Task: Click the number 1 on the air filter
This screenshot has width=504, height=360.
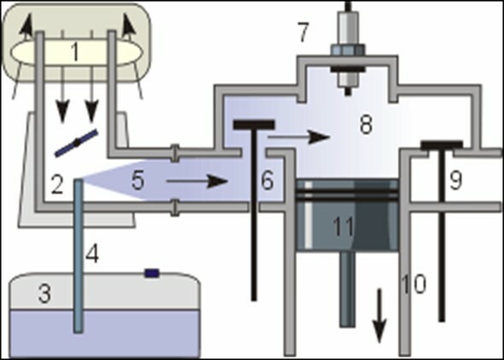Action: [75, 51]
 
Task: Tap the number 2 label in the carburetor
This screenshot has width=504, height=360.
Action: [57, 185]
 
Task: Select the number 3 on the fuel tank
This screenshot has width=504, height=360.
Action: [44, 293]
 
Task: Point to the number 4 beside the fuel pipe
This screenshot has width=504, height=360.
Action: [92, 254]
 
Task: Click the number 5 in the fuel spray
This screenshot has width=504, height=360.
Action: [137, 181]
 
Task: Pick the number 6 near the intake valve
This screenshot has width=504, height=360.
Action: [268, 181]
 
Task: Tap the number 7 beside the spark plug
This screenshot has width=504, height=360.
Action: [304, 32]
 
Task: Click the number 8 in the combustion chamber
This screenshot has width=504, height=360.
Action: [366, 125]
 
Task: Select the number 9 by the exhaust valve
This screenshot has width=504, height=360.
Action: [455, 181]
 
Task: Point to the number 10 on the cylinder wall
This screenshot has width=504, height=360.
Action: [414, 285]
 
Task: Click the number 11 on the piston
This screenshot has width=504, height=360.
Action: [343, 227]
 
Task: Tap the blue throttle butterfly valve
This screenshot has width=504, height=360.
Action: [76, 143]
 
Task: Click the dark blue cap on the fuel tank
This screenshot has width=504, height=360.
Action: [152, 274]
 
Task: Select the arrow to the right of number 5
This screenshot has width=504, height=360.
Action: [197, 182]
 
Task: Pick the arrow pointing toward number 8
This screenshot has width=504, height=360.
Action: [298, 137]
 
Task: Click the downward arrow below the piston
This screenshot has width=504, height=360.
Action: [379, 316]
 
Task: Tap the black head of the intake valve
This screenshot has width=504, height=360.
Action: [254, 125]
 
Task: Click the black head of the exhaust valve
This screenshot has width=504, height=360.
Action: [442, 145]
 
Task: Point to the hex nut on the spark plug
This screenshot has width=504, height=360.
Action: [347, 50]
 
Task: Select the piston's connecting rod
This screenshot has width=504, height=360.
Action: [347, 289]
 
